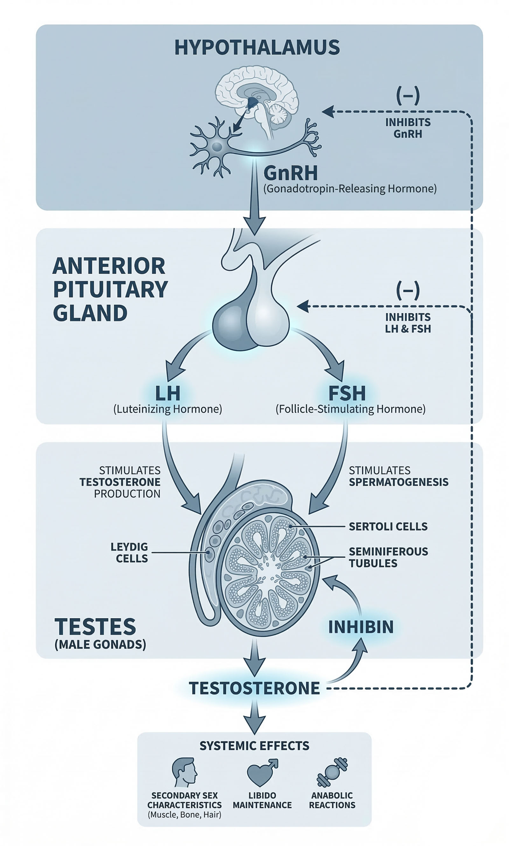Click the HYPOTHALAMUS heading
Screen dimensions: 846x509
click(257, 47)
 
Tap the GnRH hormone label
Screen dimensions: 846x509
click(290, 173)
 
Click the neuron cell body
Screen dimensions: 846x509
click(217, 147)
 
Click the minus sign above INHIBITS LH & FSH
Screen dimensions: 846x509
click(408, 290)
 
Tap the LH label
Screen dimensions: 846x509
click(167, 393)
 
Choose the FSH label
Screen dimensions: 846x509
click(347, 393)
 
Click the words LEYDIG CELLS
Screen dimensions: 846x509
click(130, 552)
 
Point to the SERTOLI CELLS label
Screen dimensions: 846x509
click(388, 526)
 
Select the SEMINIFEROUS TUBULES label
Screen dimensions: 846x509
click(388, 557)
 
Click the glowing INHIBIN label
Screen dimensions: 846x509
click(361, 627)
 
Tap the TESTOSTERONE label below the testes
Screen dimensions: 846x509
click(254, 688)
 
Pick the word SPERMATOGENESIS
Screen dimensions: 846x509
click(398, 482)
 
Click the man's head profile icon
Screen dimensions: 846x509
click(185, 772)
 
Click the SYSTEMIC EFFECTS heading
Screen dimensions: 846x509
click(254, 746)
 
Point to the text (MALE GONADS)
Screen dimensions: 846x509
click(100, 644)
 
